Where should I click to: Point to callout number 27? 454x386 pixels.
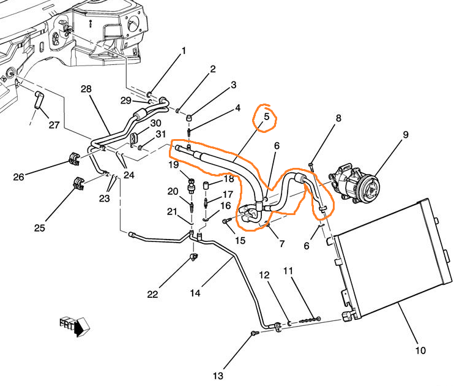pos(54,126)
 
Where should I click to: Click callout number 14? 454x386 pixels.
pos(195,293)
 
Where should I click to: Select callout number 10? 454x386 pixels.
pos(420,351)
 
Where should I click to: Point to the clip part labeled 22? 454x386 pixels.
pos(193,255)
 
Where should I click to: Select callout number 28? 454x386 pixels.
pos(86,89)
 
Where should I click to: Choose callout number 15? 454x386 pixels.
pos(239,241)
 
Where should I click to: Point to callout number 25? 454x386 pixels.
pos(40,228)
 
